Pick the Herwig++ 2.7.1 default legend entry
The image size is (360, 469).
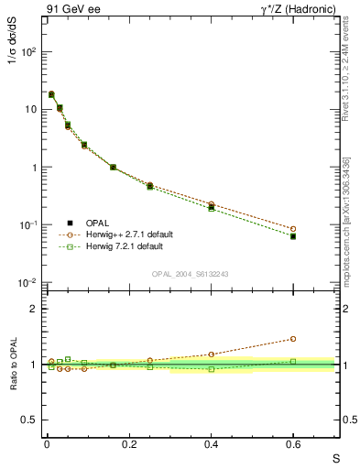click(x=127, y=234)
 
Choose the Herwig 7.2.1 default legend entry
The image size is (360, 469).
click(x=125, y=246)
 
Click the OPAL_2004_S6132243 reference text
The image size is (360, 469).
click(x=191, y=274)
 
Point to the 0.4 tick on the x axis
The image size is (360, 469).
click(x=211, y=444)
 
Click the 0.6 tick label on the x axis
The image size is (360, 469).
click(x=293, y=444)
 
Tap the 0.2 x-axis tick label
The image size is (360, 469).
click(x=129, y=444)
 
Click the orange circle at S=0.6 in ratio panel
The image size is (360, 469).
click(x=293, y=339)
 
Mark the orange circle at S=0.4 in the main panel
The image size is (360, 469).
click(x=211, y=204)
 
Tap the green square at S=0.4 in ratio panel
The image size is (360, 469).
click(x=211, y=369)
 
